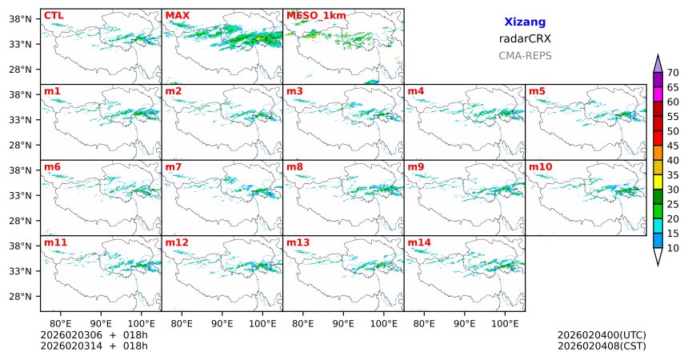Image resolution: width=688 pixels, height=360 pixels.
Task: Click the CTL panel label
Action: [x=54, y=15]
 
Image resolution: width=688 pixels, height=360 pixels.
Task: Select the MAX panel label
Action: [x=177, y=15]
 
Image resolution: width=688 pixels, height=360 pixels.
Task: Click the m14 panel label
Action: [x=420, y=242]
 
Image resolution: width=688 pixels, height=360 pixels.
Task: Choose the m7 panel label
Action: [x=173, y=166]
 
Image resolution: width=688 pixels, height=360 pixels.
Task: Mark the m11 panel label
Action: [x=55, y=242]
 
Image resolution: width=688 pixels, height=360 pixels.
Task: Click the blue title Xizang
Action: [x=525, y=22]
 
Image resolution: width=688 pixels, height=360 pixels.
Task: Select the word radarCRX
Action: [x=525, y=38]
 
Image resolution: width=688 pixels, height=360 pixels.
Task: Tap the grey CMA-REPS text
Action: [x=525, y=55]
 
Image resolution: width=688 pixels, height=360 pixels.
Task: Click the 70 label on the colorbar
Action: [x=673, y=73]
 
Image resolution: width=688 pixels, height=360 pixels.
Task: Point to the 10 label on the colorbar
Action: [x=673, y=249]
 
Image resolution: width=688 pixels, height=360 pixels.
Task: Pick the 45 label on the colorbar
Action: [x=673, y=161]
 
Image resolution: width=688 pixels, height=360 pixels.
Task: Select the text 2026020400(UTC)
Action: [x=602, y=334]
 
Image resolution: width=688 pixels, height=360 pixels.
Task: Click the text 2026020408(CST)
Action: [x=602, y=346]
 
